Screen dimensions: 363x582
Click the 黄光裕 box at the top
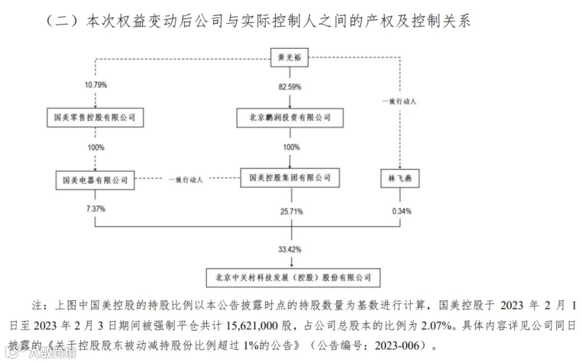tap(290, 58)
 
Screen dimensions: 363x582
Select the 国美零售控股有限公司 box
tap(95, 118)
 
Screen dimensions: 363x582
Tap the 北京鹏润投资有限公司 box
tap(290, 118)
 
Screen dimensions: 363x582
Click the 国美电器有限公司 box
tap(95, 179)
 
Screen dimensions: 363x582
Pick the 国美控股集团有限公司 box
tap(290, 177)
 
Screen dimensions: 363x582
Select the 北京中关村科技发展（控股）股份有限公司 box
tap(290, 278)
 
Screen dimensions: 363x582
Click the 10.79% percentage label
tap(95, 85)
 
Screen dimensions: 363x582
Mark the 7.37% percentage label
tap(95, 210)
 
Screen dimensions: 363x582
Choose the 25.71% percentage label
tap(290, 211)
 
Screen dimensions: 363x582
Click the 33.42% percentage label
tap(290, 248)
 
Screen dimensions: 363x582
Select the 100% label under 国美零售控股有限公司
tap(95, 148)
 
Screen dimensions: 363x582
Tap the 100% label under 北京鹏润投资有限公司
tap(290, 148)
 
